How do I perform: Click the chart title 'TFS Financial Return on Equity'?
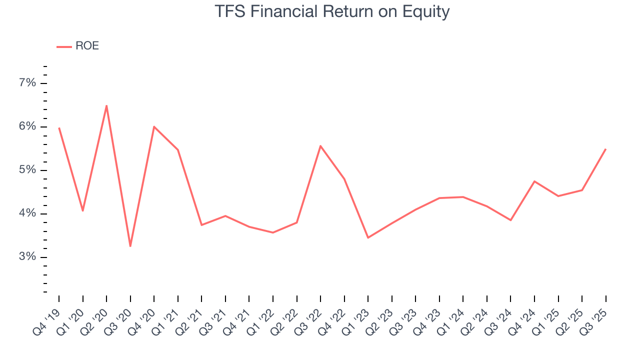(x=332, y=11)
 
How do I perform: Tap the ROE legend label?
(x=87, y=46)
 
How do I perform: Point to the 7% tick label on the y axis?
(x=27, y=83)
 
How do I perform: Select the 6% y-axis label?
(x=27, y=126)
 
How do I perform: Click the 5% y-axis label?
(x=27, y=170)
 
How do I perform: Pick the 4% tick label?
(x=27, y=213)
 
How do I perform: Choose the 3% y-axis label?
(x=27, y=257)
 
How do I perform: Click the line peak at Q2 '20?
(x=106, y=105)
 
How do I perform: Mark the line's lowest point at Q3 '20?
(x=130, y=246)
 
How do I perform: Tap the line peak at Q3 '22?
(x=320, y=146)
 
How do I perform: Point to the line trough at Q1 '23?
(x=368, y=237)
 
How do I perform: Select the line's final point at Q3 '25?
(x=605, y=149)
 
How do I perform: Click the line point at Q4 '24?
(x=534, y=181)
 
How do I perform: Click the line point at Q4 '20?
(x=154, y=126)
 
